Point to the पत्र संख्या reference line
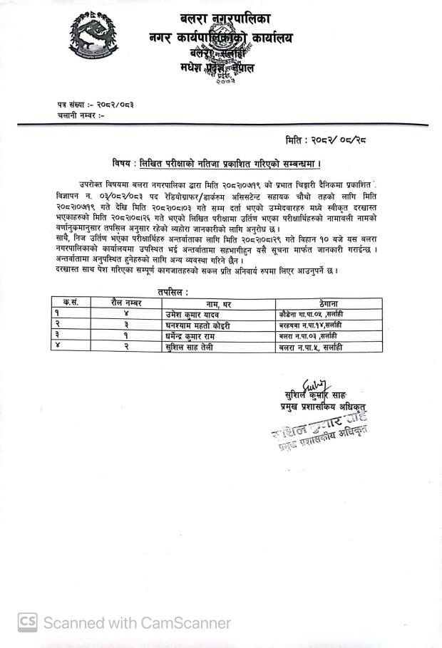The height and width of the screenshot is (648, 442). coord(96,105)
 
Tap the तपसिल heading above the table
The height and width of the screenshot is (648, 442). coord(174,292)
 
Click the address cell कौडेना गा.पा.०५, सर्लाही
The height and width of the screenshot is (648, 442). coord(312,314)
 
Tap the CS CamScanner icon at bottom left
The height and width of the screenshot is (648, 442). coord(27,622)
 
